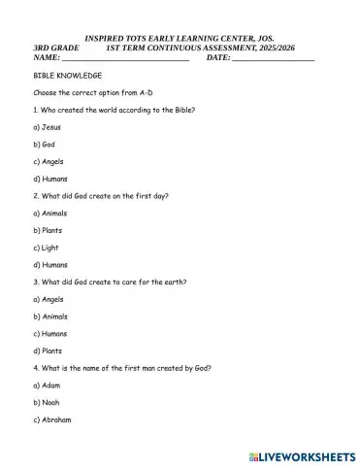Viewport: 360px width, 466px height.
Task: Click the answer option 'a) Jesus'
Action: pos(47,127)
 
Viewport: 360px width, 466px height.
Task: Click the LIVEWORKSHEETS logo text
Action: pos(309,454)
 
